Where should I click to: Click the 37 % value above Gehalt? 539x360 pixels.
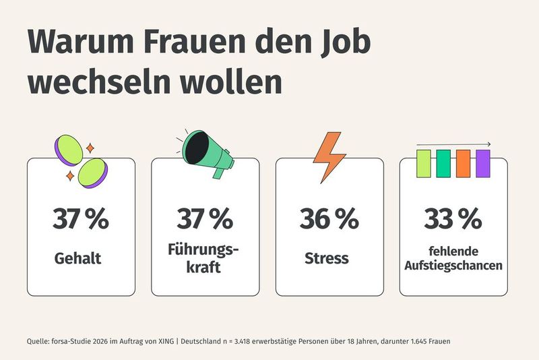[x=80, y=219]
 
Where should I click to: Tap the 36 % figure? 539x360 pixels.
[x=329, y=219]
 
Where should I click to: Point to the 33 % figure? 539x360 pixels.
[x=453, y=219]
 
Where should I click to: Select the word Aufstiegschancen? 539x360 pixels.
[x=453, y=266]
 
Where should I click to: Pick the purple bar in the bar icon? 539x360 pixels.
[x=482, y=163]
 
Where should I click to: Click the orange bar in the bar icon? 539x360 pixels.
[x=463, y=163]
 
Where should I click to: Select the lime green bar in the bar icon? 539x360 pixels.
[x=423, y=163]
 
